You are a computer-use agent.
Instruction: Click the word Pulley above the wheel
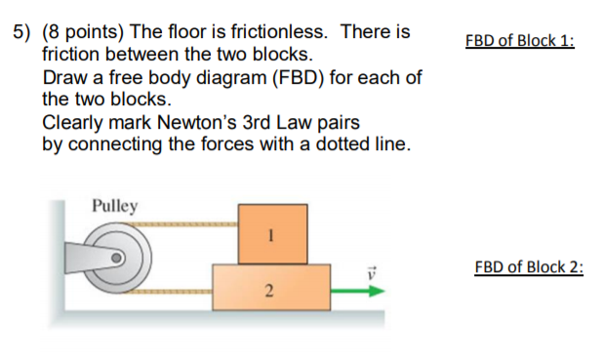point(114,206)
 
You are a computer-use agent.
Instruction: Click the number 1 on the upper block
point(272,234)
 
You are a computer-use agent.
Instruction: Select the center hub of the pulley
point(117,260)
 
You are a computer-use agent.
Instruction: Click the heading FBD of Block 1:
point(520,41)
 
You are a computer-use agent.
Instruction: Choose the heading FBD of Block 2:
point(528,267)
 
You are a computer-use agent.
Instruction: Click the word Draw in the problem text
point(63,78)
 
